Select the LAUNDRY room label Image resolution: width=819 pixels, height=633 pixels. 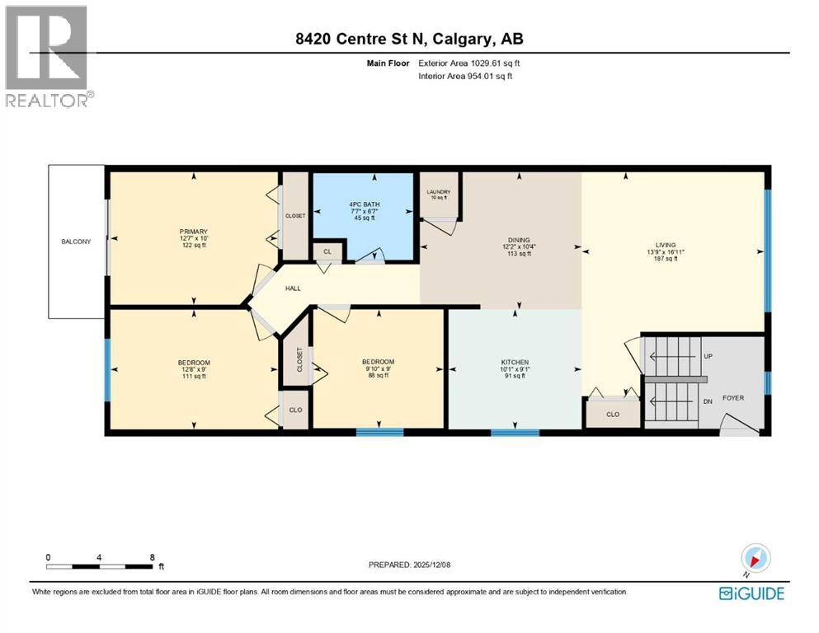click(x=438, y=192)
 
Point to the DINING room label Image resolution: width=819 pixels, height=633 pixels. click(x=519, y=241)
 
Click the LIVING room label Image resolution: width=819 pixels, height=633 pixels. click(x=665, y=245)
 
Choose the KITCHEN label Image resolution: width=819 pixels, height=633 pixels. click(x=515, y=363)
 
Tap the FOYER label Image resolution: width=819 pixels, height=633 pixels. click(x=732, y=398)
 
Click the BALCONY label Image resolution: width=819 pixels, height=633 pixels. click(x=75, y=241)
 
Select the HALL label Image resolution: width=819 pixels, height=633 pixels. click(x=293, y=288)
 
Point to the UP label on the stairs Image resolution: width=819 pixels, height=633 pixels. click(x=707, y=356)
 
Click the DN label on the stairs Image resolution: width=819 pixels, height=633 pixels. click(x=707, y=401)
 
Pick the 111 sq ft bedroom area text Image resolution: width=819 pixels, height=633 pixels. click(x=194, y=377)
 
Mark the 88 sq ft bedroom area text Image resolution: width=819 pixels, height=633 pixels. click(x=378, y=376)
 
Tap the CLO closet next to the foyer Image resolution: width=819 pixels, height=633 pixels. click(x=612, y=415)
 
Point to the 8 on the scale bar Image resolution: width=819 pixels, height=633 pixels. click(x=152, y=557)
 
